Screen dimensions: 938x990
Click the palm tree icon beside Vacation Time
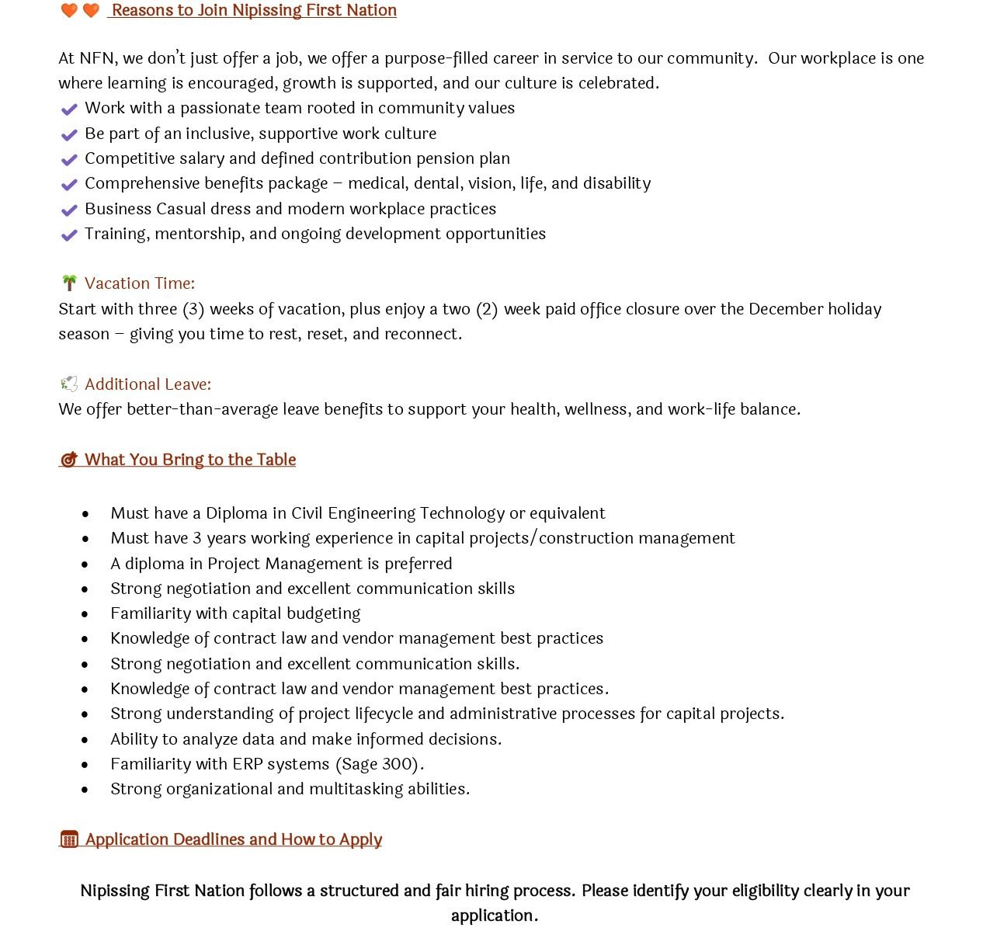tap(69, 283)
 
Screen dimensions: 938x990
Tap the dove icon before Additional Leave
tap(69, 384)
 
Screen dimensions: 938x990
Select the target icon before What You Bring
tap(69, 460)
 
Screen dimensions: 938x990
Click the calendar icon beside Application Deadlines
tap(69, 839)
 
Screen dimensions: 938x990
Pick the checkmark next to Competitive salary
tap(69, 160)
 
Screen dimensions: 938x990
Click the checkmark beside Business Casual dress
tap(69, 210)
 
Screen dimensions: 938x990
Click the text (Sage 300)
tap(380, 764)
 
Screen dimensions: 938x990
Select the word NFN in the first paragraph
tap(97, 58)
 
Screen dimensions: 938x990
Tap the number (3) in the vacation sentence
tap(193, 309)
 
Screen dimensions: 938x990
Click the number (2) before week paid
tap(487, 309)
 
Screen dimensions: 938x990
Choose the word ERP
tap(248, 764)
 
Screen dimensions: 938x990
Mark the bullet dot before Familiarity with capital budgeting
tap(85, 614)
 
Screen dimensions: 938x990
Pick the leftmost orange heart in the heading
tap(69, 10)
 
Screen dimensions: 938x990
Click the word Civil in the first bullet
tap(309, 513)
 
